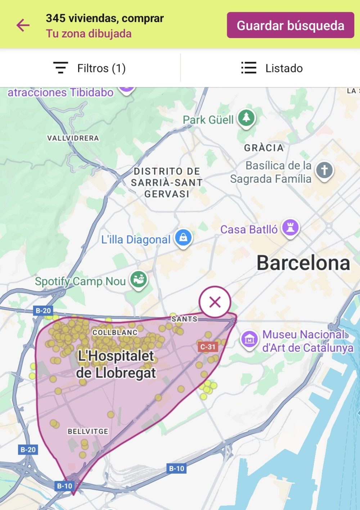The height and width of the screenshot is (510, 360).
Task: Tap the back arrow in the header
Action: (23, 25)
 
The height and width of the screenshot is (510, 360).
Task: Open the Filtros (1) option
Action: (90, 68)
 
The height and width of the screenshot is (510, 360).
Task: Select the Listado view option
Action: (272, 68)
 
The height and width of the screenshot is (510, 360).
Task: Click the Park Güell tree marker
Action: (246, 117)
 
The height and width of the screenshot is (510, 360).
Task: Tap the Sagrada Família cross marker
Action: (324, 170)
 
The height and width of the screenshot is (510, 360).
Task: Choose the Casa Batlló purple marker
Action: (291, 227)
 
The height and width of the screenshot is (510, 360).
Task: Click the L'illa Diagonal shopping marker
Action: (183, 238)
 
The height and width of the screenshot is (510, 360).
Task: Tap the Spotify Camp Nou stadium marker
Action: (139, 279)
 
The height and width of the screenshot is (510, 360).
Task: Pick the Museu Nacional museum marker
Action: (249, 339)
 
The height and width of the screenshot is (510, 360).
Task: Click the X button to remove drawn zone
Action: (215, 302)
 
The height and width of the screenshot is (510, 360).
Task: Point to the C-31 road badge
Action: (208, 347)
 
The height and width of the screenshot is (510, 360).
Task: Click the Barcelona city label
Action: (303, 263)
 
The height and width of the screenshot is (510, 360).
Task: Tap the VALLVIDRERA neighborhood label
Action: (73, 138)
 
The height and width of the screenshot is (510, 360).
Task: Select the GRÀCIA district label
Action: (264, 148)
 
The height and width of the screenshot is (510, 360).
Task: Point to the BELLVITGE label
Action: (88, 431)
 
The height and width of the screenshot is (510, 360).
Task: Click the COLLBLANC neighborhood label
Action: (115, 332)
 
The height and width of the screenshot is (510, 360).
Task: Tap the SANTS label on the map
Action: (184, 319)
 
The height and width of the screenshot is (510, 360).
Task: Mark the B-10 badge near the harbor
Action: (176, 468)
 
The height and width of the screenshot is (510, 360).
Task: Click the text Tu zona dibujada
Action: (89, 34)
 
